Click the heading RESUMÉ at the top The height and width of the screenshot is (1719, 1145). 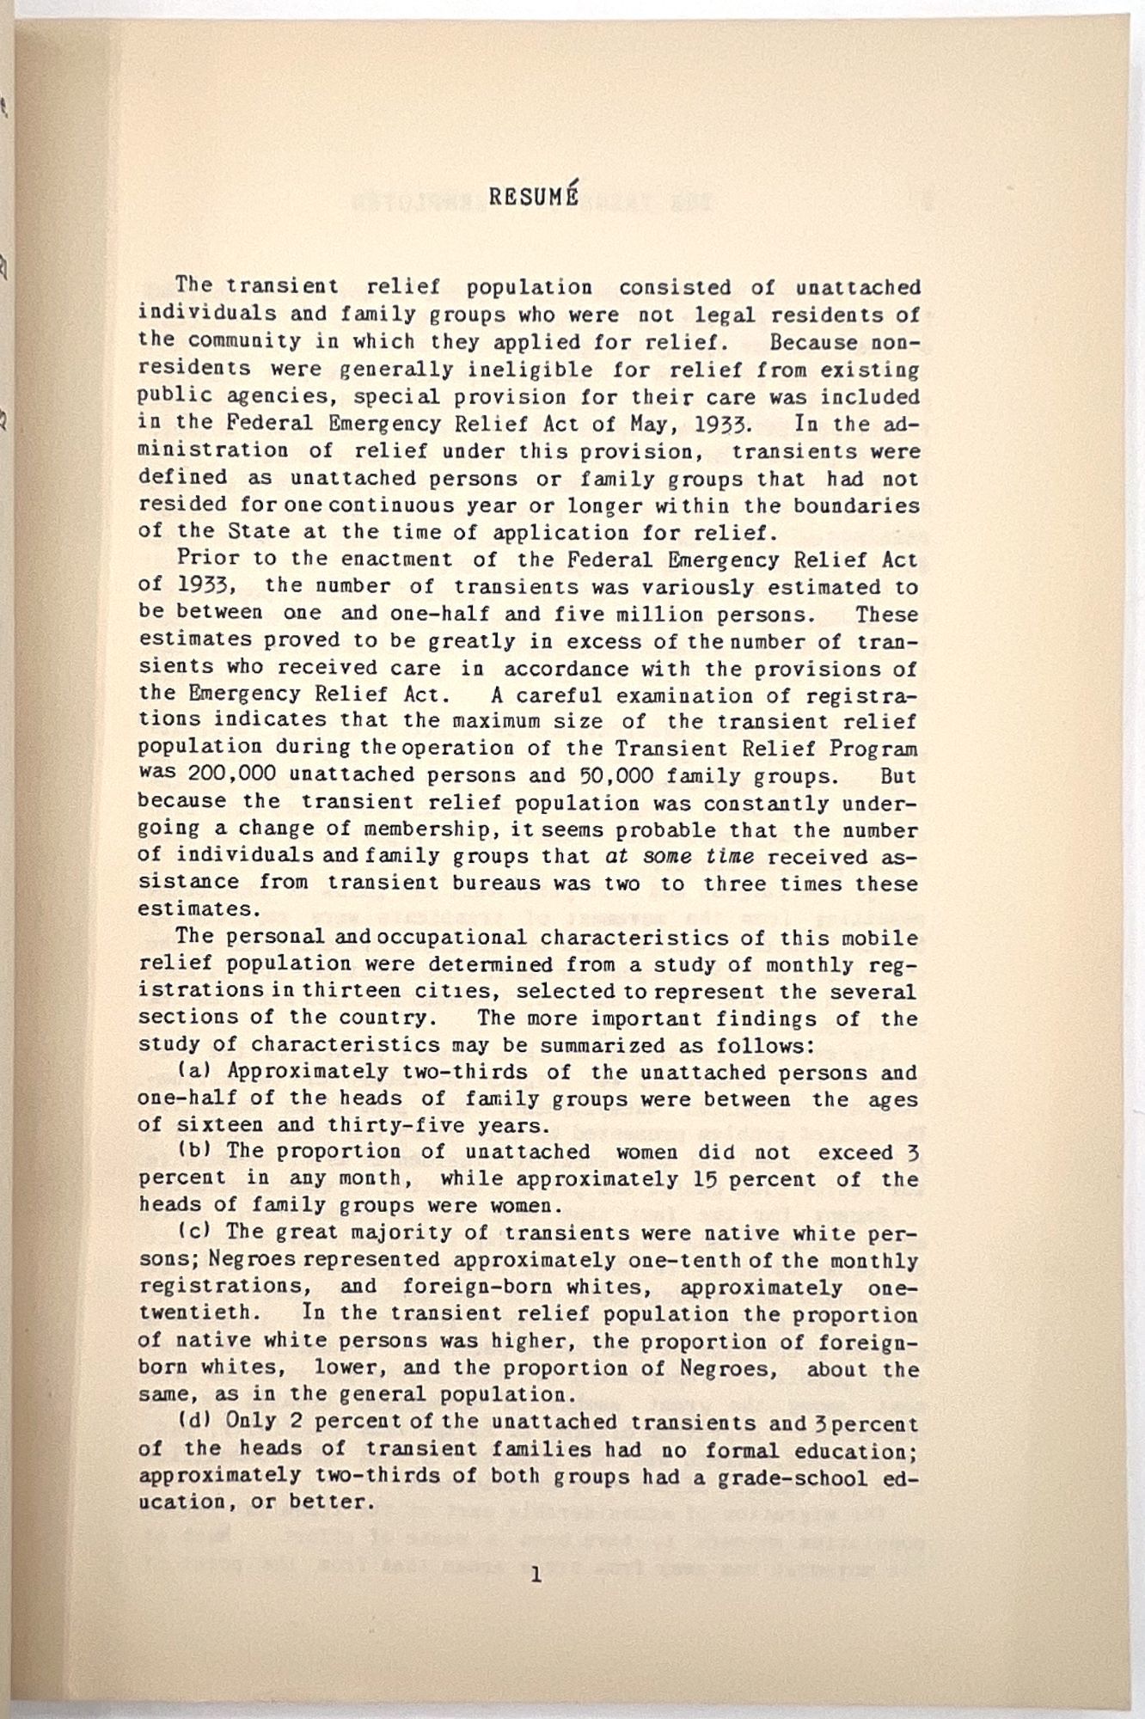(534, 196)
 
